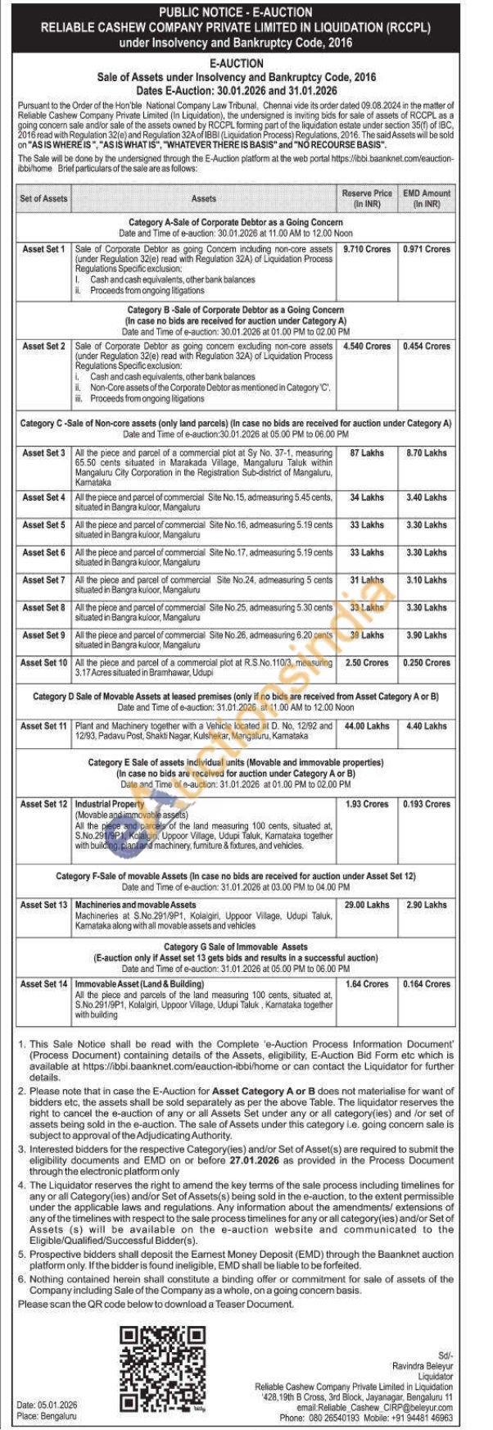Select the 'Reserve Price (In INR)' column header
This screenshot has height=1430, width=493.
click(x=366, y=198)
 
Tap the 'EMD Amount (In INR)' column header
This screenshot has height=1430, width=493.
click(x=427, y=198)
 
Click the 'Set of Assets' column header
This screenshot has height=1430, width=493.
click(x=44, y=198)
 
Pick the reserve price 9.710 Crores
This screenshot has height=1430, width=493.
click(x=366, y=249)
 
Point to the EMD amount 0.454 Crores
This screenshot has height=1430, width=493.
click(x=427, y=347)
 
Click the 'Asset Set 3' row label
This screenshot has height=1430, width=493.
click(x=44, y=453)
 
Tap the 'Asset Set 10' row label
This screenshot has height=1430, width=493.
click(x=44, y=663)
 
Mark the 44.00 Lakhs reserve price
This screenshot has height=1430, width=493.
click(x=366, y=726)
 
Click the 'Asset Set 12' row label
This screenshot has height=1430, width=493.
click(x=44, y=805)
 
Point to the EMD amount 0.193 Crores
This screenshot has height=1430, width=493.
click(x=427, y=805)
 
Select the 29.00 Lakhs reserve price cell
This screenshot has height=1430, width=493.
click(x=366, y=906)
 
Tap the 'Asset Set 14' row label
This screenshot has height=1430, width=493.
click(x=44, y=984)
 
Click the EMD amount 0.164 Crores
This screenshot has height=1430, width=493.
click(x=427, y=984)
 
